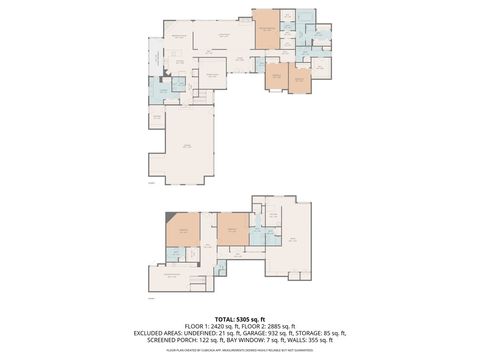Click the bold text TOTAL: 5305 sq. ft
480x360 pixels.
[x=240, y=319]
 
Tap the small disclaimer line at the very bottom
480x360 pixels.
[x=240, y=351]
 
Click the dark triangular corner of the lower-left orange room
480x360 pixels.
[x=172, y=217]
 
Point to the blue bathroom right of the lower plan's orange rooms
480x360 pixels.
[x=259, y=238]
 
